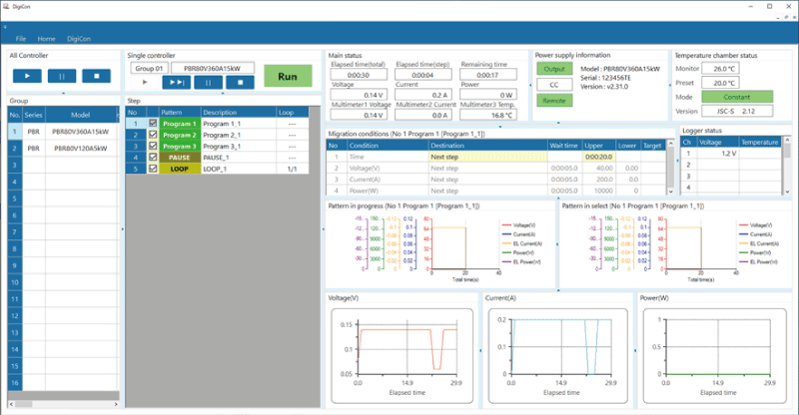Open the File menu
pyautogui.click(x=21, y=38)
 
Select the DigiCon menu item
pyautogui.click(x=79, y=38)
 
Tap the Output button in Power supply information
pyautogui.click(x=554, y=69)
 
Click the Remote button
pyautogui.click(x=554, y=101)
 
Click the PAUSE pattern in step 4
pyautogui.click(x=179, y=157)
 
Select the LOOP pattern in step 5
pyautogui.click(x=179, y=169)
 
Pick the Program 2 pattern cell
pyautogui.click(x=179, y=135)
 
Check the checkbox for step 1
pyautogui.click(x=152, y=124)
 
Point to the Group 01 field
pyautogui.click(x=149, y=69)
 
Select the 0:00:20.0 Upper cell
pyautogui.click(x=598, y=157)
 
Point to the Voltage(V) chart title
pyautogui.click(x=345, y=297)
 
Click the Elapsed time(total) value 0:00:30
pyautogui.click(x=360, y=74)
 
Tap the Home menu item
pyautogui.click(x=47, y=38)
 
